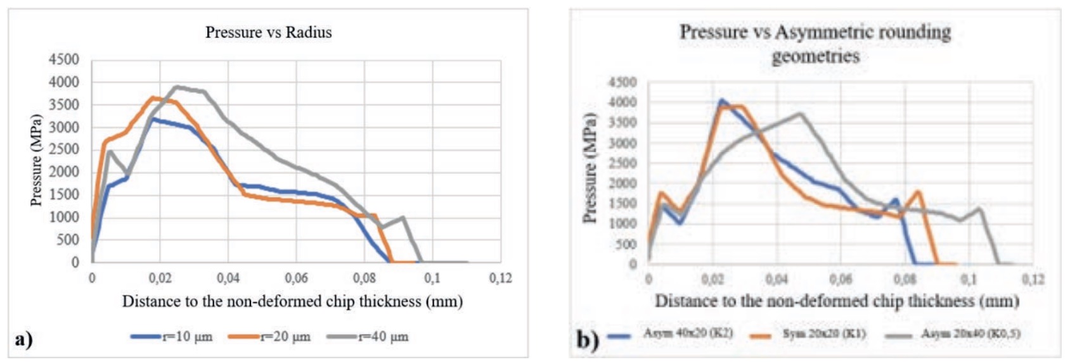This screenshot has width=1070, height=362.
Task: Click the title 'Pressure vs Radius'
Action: [x=268, y=32]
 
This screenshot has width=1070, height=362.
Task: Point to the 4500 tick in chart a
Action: [x=64, y=59]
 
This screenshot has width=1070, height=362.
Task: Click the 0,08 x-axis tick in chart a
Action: [x=364, y=278]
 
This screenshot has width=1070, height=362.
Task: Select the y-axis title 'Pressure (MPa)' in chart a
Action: [x=36, y=160]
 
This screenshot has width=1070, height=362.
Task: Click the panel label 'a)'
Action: [x=23, y=339]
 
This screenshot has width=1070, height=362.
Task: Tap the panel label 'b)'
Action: [x=587, y=340]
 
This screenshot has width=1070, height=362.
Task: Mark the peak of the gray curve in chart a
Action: [x=176, y=87]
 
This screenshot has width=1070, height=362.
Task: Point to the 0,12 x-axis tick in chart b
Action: [x=1033, y=279]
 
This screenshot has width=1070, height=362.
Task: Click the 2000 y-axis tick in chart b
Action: [x=624, y=184]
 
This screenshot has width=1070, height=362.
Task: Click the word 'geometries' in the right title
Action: [x=815, y=56]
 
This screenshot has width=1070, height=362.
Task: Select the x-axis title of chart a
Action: [x=292, y=301]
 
